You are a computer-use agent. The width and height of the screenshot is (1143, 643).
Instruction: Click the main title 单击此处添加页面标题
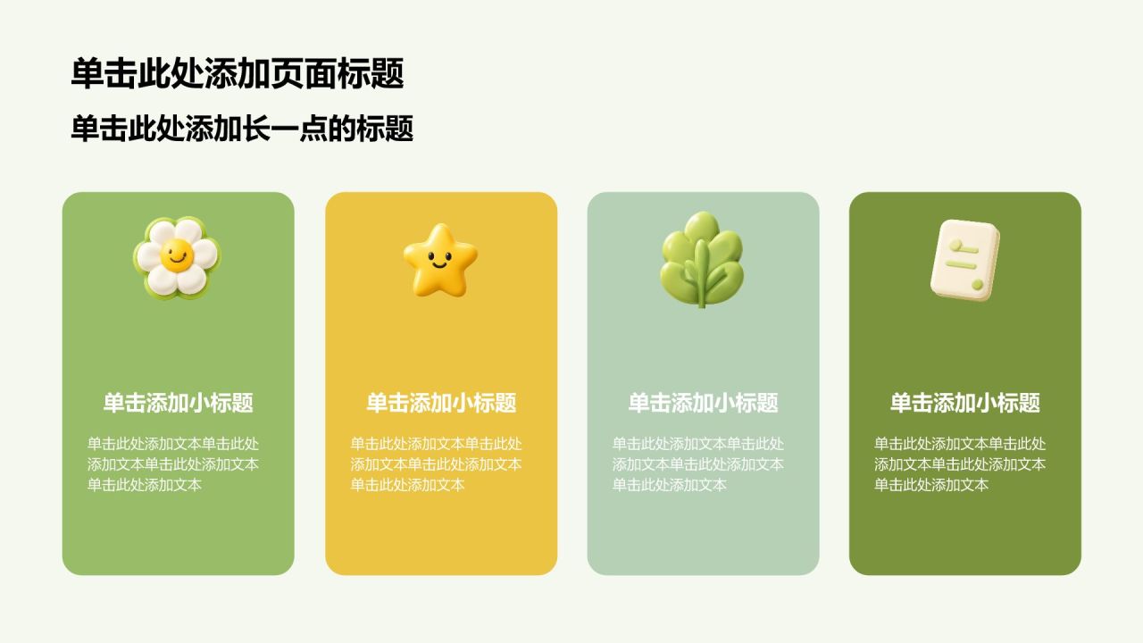point(238,73)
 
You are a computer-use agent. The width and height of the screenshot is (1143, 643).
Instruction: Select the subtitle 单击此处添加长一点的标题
point(242,128)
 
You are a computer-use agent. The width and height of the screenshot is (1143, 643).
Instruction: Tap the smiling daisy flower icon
point(177,257)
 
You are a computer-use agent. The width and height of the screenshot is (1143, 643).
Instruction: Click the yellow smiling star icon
point(440,260)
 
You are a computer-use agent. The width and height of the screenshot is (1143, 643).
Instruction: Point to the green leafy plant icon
point(702,260)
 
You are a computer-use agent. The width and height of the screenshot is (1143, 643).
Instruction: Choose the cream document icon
point(965,260)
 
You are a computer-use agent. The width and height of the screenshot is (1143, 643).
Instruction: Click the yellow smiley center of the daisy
point(177,255)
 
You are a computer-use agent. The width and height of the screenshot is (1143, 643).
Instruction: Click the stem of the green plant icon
point(702,276)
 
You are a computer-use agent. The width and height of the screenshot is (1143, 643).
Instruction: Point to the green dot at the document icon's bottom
point(977,284)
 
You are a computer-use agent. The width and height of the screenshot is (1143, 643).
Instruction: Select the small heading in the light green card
point(178,403)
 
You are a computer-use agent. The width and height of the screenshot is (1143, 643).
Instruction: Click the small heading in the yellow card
point(441,403)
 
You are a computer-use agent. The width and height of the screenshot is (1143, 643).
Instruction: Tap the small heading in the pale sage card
point(703,403)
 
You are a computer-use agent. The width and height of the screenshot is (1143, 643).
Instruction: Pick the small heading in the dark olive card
point(965,403)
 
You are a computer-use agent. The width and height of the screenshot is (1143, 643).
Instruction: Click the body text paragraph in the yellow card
point(437,463)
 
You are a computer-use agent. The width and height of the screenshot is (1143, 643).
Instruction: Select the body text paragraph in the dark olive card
point(960,463)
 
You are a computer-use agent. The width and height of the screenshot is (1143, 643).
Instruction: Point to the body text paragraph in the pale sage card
point(698,463)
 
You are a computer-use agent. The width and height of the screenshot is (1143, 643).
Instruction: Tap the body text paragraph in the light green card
point(173,463)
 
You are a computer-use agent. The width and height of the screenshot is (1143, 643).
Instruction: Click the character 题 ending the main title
point(388,73)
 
